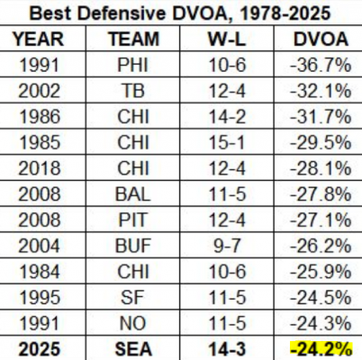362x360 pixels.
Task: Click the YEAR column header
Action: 39,39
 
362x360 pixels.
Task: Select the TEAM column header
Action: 133,39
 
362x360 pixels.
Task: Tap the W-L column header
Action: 227,39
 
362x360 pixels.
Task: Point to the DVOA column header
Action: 321,39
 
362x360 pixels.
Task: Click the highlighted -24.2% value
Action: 321,349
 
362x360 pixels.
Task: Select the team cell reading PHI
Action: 133,65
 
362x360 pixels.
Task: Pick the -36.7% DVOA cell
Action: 321,65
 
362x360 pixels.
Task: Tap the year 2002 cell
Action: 40,91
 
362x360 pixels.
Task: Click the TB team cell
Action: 133,91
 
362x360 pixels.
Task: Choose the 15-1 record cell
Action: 227,142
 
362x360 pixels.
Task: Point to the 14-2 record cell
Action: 227,117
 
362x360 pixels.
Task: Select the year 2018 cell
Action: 40,168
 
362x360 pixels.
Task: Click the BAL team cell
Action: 133,194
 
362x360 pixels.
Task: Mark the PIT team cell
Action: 133,220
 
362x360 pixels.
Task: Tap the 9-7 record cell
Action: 227,246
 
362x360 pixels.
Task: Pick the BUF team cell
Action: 133,246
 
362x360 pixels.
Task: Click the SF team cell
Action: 132,298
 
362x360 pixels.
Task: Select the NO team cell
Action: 133,323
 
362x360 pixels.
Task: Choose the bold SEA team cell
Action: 133,349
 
